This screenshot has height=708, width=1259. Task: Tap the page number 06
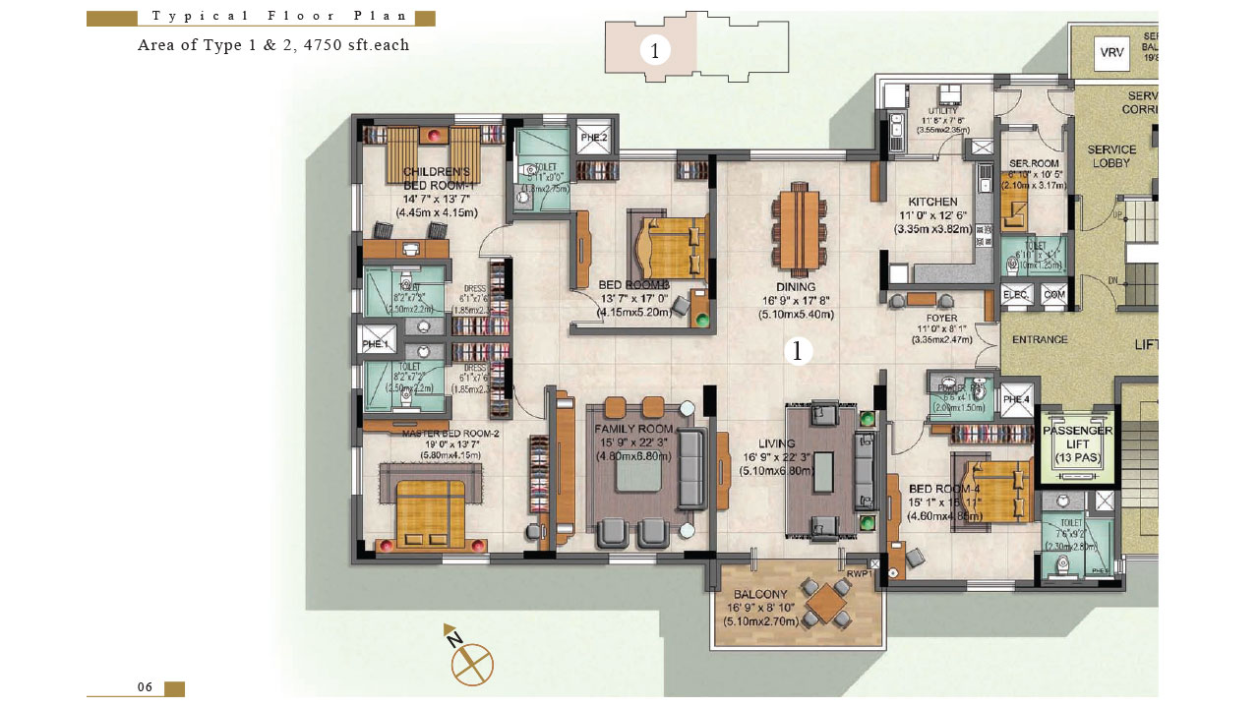click(146, 687)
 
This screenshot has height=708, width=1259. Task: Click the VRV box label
click(1111, 53)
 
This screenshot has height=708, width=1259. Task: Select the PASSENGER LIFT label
click(1077, 444)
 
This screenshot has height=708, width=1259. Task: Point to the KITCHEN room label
click(932, 202)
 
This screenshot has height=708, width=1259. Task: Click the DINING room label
click(795, 287)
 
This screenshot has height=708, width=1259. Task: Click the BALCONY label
click(760, 595)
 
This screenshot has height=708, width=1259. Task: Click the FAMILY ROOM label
click(634, 429)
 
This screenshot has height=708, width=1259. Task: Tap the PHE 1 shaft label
click(378, 344)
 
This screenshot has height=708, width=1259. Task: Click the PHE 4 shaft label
click(1016, 399)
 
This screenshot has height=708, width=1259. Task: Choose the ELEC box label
click(1015, 294)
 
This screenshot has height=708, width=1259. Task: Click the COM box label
click(1053, 294)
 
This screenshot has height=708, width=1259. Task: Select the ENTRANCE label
click(1040, 339)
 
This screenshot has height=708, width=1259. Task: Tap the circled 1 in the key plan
click(655, 50)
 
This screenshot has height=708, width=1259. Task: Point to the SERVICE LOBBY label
click(1111, 156)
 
